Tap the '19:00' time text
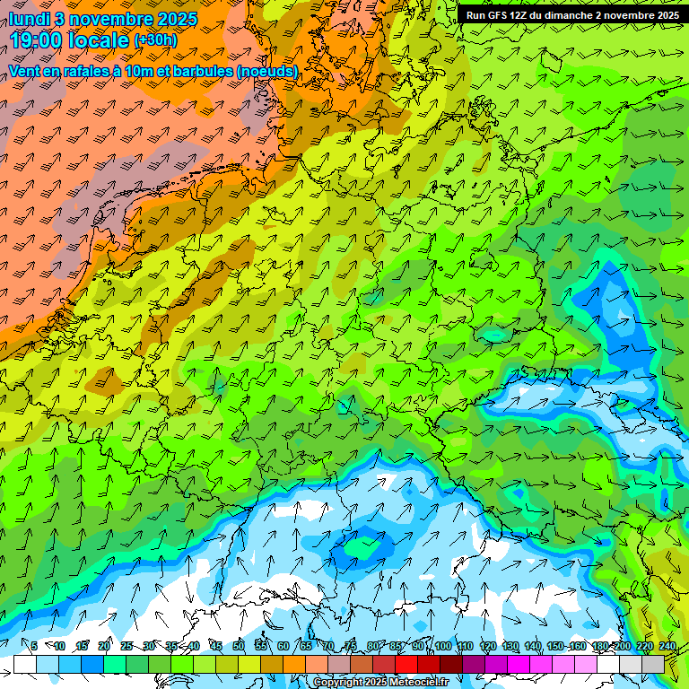click(39, 40)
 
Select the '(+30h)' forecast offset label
click(155, 40)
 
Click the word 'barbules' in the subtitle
click(206, 71)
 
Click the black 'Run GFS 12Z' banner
click(572, 15)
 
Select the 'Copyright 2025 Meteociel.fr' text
click(381, 683)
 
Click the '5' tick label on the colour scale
click(34, 647)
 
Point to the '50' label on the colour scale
click(238, 647)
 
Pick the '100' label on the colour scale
click(442, 647)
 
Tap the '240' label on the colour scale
click(667, 647)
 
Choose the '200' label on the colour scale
click(622, 647)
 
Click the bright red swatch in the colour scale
click(406, 664)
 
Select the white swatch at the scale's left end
click(24, 664)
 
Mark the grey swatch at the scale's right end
click(653, 664)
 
